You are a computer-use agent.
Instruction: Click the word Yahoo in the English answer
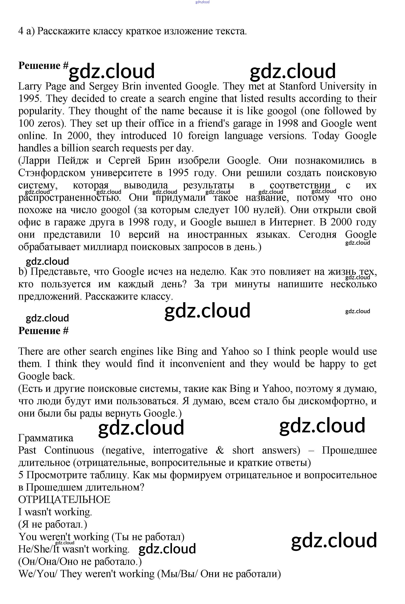click(235, 352)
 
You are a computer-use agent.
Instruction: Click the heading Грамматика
click(46, 438)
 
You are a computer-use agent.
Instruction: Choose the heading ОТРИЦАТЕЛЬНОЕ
click(64, 500)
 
